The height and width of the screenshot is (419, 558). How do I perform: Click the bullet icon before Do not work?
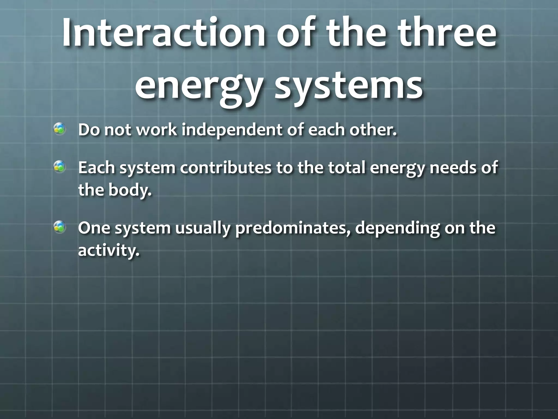(59, 129)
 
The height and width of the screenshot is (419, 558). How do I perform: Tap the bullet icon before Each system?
(59, 167)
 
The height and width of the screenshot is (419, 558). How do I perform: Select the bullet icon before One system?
(59, 227)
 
